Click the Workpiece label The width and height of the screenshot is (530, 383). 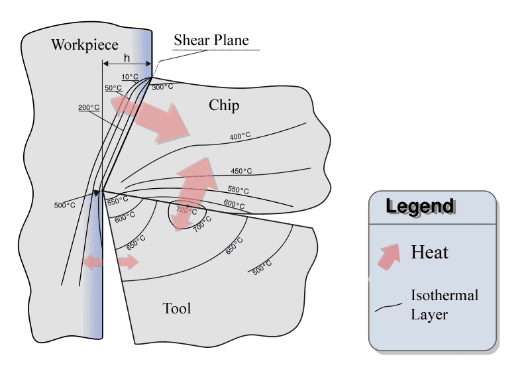(x=84, y=44)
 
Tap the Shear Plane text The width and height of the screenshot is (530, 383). (x=211, y=40)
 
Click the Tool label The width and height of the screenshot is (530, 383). (x=176, y=308)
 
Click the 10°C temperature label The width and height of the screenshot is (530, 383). (x=131, y=77)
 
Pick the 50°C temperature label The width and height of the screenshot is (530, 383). (x=113, y=87)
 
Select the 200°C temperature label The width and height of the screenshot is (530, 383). (x=88, y=107)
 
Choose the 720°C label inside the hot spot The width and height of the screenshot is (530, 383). (x=187, y=211)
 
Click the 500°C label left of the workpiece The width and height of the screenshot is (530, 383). (x=64, y=205)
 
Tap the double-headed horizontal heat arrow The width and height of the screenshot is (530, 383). (x=110, y=262)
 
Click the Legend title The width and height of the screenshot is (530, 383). (x=420, y=206)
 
